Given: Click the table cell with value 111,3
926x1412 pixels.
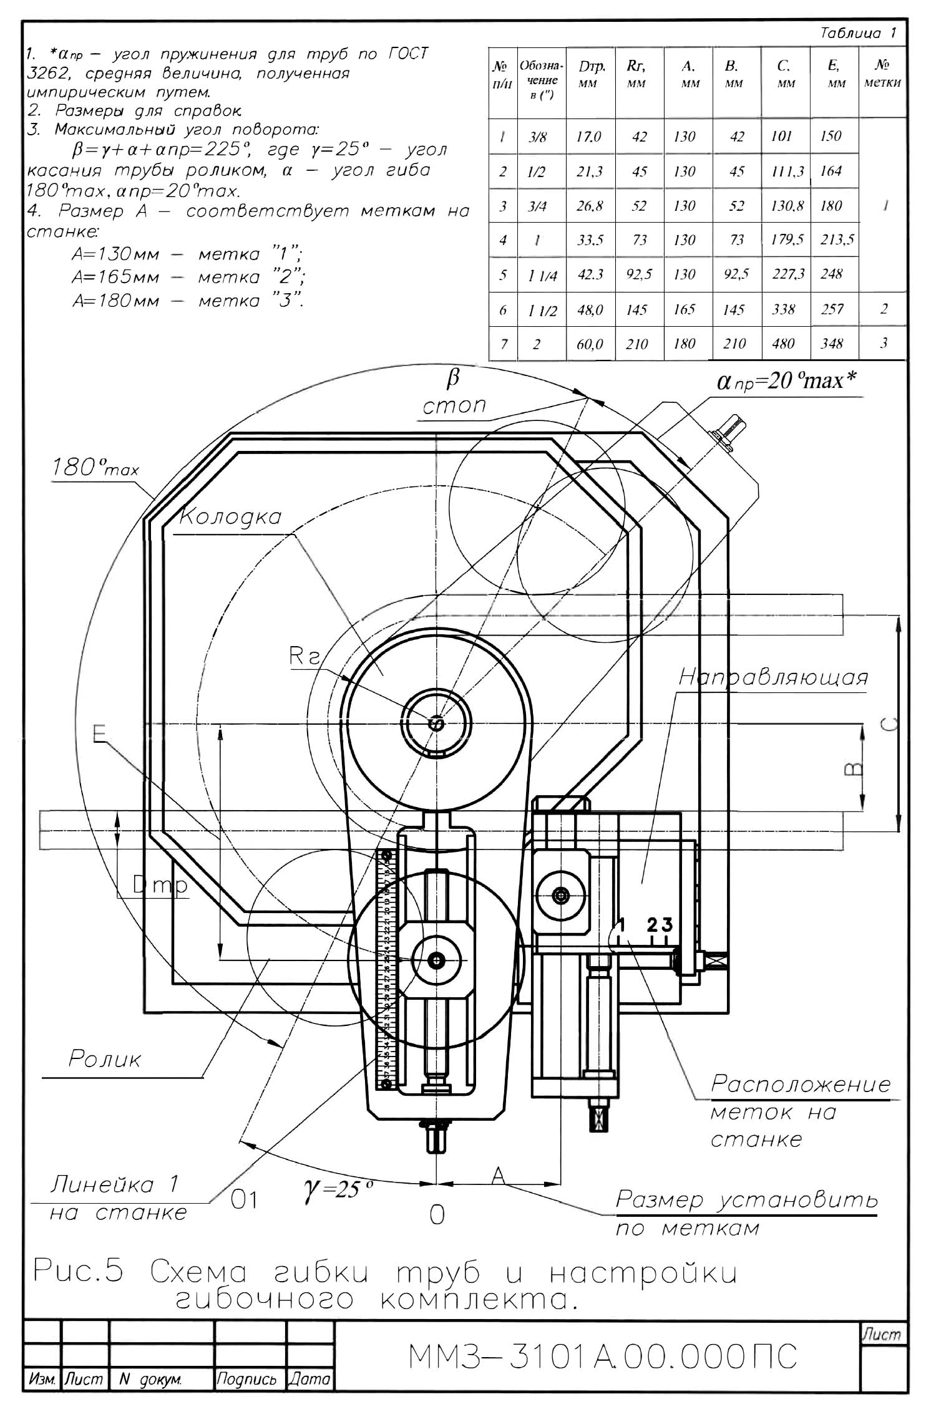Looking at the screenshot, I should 787,172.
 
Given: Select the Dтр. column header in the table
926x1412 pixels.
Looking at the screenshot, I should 588,74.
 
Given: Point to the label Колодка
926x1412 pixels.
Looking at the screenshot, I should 230,518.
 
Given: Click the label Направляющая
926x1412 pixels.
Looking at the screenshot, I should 773,677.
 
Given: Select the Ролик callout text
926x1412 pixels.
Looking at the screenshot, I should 105,1059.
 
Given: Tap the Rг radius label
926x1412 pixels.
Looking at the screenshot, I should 305,656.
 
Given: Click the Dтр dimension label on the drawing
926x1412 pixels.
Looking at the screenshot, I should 160,885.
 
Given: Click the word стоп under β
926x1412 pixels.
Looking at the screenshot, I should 454,406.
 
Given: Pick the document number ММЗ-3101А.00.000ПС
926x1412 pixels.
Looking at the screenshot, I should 602,1356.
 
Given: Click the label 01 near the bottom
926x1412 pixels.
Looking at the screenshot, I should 244,1201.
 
